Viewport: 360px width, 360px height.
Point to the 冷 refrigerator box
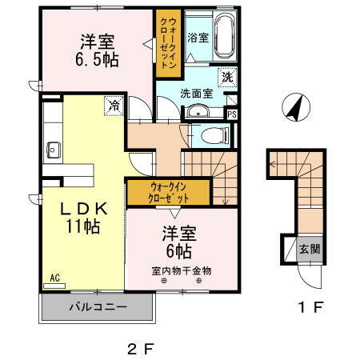115,104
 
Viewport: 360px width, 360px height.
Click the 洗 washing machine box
228,78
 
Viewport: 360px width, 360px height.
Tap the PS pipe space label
233,114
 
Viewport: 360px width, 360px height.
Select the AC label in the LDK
55,278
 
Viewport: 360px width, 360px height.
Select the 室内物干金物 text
182,270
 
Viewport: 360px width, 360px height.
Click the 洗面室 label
195,92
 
